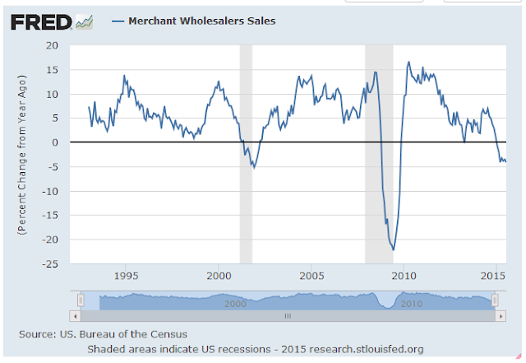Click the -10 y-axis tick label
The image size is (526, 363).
(x=53, y=191)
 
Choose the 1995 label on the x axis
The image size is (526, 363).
(x=126, y=274)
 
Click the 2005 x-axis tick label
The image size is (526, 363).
(x=311, y=274)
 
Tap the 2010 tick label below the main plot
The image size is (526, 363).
(x=403, y=274)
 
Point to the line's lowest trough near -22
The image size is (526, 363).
(x=394, y=249)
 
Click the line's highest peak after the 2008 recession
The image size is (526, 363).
(x=408, y=62)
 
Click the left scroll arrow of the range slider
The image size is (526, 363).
(x=76, y=315)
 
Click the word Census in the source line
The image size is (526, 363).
(x=168, y=333)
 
